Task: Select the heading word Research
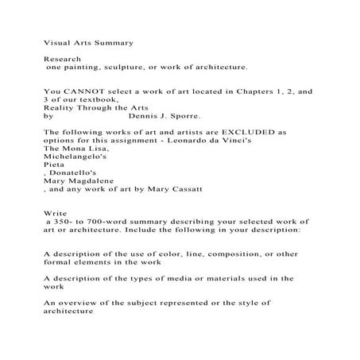[x=61, y=59]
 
